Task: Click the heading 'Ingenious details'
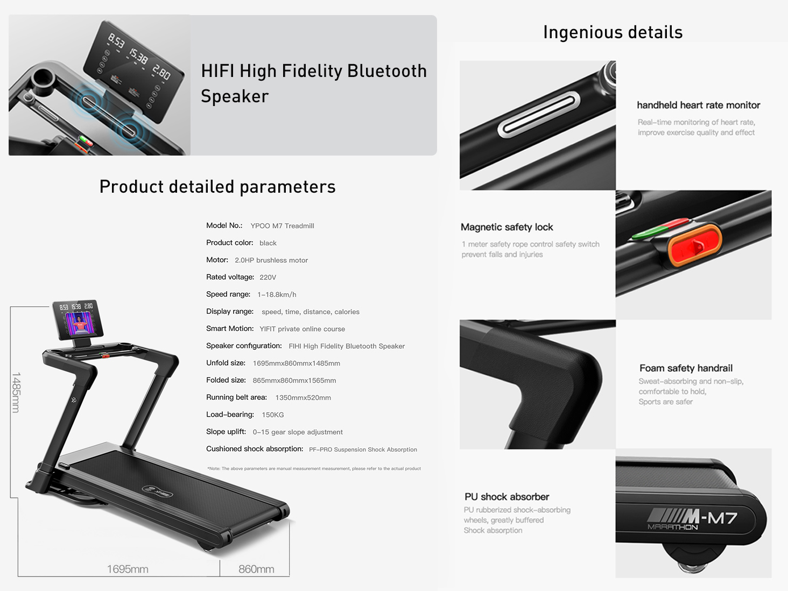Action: point(613,32)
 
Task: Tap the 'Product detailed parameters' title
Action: point(217,187)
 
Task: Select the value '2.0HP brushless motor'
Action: point(271,260)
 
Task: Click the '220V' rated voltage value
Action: point(268,277)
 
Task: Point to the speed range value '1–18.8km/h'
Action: point(277,294)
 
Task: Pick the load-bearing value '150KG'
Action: point(273,415)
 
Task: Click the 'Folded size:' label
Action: point(226,380)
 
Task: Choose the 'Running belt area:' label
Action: point(237,397)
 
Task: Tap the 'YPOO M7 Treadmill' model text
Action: point(282,226)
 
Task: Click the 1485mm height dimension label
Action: point(16,392)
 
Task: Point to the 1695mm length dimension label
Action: point(128,569)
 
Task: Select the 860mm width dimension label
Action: point(256,569)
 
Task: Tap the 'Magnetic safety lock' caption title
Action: point(507,227)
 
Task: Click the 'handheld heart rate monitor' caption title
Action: point(699,105)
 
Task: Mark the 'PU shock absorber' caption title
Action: point(507,497)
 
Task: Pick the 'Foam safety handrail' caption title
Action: point(686,368)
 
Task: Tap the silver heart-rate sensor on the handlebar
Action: point(538,115)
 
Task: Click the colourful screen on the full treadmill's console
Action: point(79,323)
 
